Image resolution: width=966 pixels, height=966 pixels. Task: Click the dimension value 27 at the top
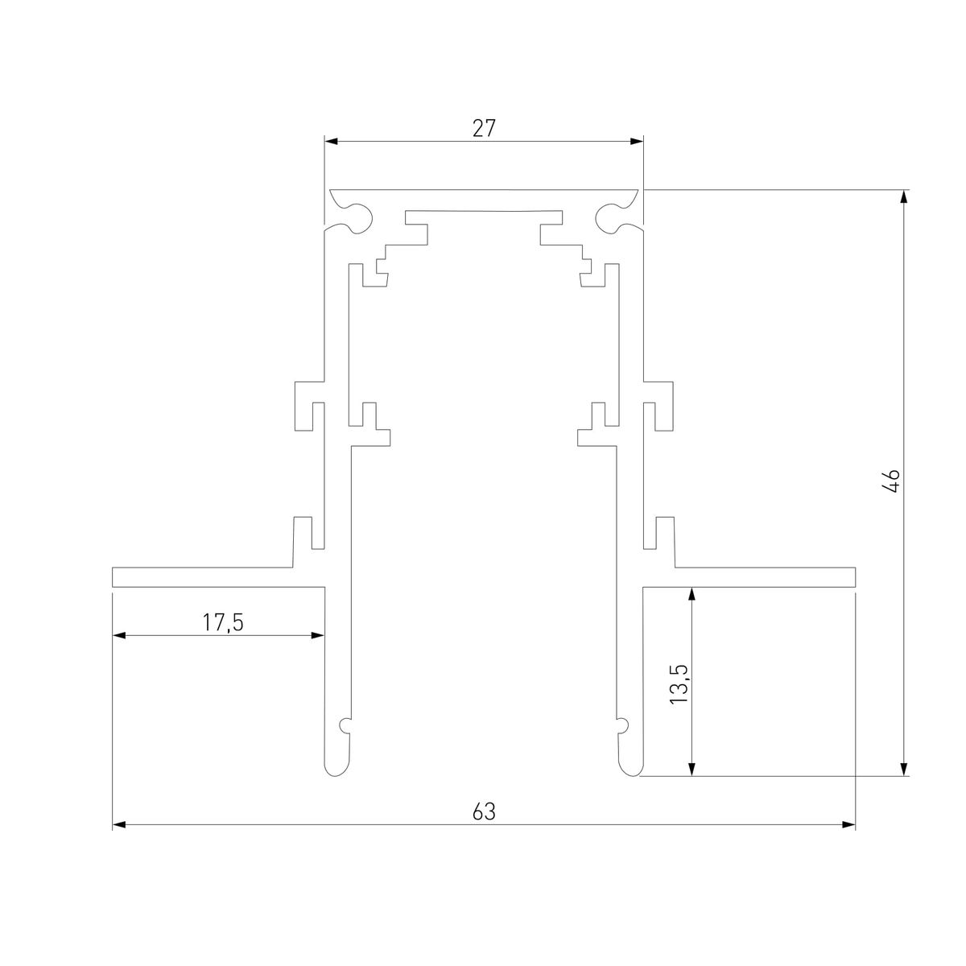pyautogui.click(x=483, y=128)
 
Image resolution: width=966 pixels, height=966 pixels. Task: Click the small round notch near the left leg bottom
pyautogui.click(x=345, y=725)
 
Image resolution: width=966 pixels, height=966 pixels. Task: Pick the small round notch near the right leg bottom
pyautogui.click(x=621, y=725)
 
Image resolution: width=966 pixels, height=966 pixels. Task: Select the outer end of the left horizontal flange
pyautogui.click(x=114, y=577)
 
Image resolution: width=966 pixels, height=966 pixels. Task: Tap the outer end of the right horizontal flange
pyautogui.click(x=852, y=577)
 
